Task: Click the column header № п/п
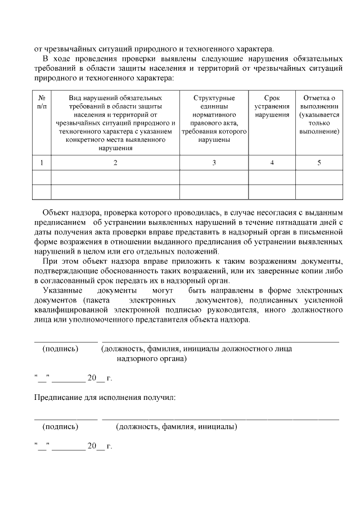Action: coord(42,102)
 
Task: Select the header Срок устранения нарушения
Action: coord(272,106)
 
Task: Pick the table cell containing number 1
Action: coord(42,163)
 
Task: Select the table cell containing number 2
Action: coord(115,163)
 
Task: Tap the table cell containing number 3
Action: coord(214,163)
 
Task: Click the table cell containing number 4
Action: coord(272,163)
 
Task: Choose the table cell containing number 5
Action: coord(319,163)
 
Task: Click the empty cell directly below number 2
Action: coord(115,177)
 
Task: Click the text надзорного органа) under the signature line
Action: coord(152,358)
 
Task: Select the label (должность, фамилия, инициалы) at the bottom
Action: coord(176,427)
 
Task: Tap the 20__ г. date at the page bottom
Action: coord(96,447)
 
